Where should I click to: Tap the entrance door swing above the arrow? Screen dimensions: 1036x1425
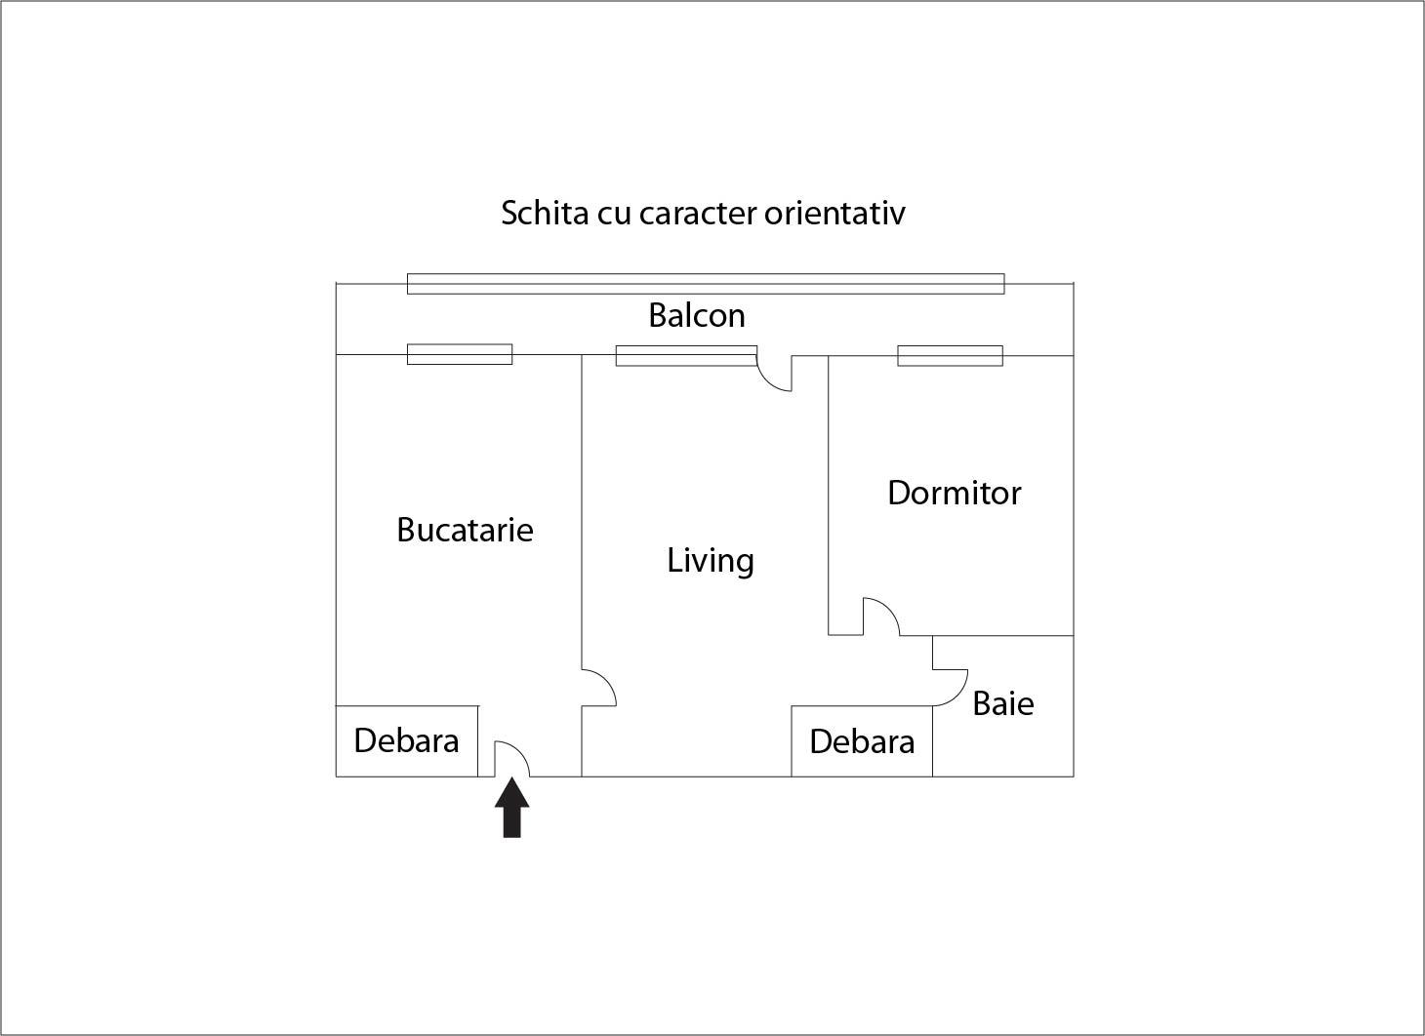point(511,758)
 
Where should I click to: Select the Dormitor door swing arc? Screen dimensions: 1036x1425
point(880,616)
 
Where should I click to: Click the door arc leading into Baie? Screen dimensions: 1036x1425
point(951,687)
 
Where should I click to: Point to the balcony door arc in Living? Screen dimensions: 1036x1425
point(775,374)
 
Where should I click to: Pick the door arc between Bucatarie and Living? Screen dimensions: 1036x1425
point(598,687)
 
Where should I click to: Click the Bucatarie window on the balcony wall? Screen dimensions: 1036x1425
point(459,354)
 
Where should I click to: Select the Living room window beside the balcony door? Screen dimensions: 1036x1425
point(685,355)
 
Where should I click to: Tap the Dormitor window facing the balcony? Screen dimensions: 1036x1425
point(950,355)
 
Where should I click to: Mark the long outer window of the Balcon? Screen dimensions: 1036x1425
point(705,284)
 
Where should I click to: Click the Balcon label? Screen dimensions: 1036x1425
point(697,315)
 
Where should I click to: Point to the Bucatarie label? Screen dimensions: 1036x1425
point(465,530)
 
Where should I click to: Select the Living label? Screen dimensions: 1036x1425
point(711,560)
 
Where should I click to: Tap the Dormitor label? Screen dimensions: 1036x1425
point(954,493)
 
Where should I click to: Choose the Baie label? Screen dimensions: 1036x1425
point(1003,703)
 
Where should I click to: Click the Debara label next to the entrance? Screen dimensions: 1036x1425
point(406,740)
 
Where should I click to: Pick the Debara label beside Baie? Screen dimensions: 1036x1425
point(862,741)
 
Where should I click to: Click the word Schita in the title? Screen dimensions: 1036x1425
point(545,213)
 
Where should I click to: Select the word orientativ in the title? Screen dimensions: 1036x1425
point(835,213)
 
